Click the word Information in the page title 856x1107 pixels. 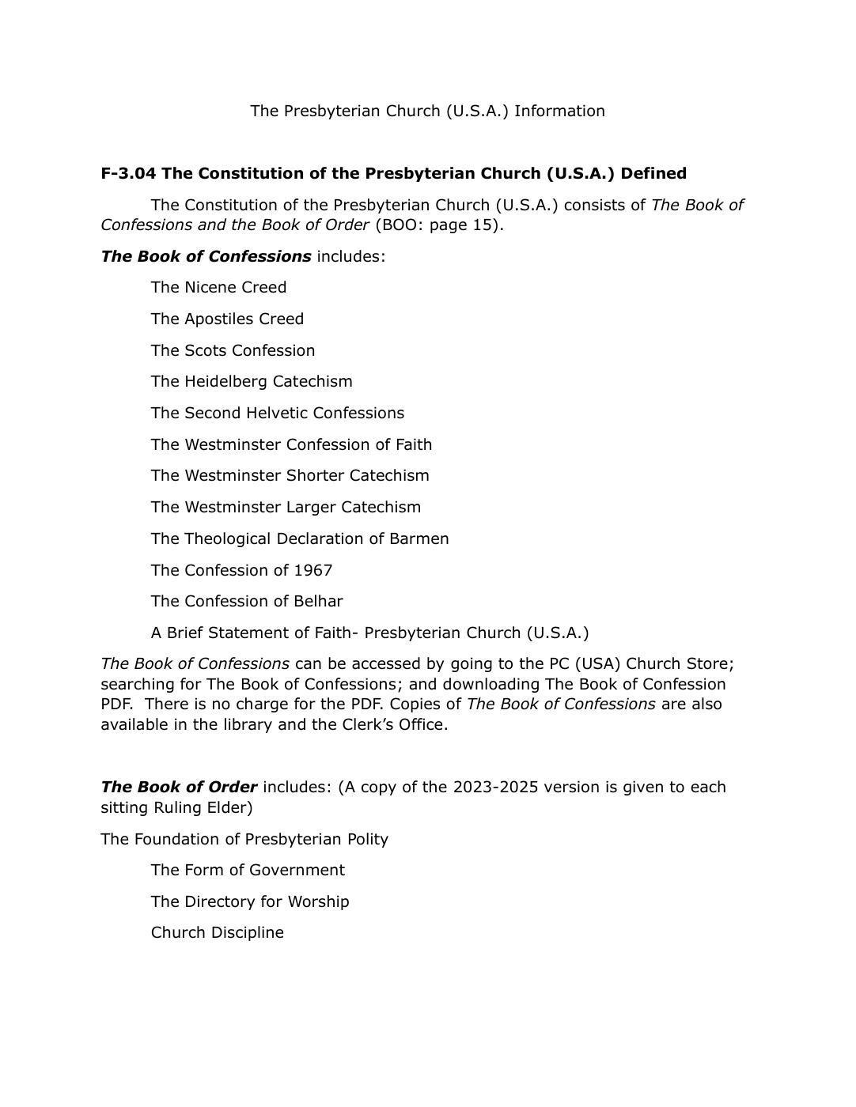[559, 111]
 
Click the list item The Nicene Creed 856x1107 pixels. [218, 287]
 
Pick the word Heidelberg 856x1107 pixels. [225, 381]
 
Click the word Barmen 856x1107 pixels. [419, 538]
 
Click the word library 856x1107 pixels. [218, 724]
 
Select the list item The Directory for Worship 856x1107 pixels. [250, 901]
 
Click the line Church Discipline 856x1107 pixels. [218, 932]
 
